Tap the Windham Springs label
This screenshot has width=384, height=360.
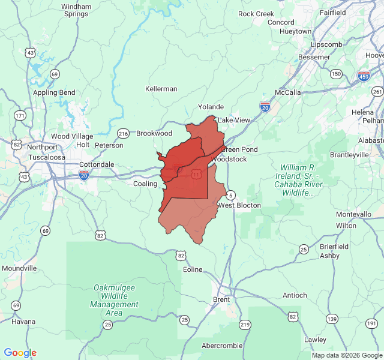[x=76, y=10]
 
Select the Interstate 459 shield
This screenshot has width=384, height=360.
[x=364, y=76]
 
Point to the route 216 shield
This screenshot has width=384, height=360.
[x=124, y=133]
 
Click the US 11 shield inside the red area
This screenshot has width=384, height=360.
[x=197, y=174]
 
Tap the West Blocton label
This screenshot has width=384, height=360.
[x=239, y=205]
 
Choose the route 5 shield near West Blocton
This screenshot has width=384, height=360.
[x=231, y=195]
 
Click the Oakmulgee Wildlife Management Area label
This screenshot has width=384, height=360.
[x=114, y=300]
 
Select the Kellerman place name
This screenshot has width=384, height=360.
[x=161, y=89]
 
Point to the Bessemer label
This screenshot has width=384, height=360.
[x=314, y=57]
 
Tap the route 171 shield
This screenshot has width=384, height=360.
[x=20, y=115]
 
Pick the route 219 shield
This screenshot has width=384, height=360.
[x=245, y=325]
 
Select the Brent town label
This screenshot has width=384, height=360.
[x=221, y=299]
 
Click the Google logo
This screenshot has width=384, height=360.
[x=20, y=353]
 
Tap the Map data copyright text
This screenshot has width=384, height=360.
[x=347, y=355]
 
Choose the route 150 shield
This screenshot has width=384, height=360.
[x=336, y=74]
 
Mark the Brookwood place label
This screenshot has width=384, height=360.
[x=154, y=133]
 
